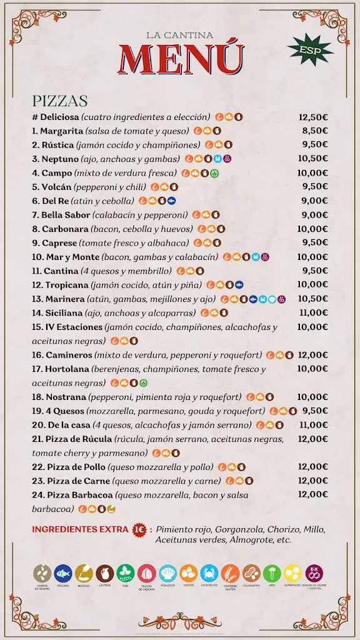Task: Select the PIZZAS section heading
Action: [60, 101]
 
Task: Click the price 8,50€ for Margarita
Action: [315, 131]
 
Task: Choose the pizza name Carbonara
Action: [65, 229]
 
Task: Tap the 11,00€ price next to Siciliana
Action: [313, 313]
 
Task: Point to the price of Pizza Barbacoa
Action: [313, 494]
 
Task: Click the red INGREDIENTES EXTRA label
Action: [79, 529]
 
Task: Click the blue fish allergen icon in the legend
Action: [62, 572]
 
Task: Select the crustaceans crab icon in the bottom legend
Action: [209, 572]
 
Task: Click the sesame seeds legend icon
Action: [42, 572]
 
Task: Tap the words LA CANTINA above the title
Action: [180, 36]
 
